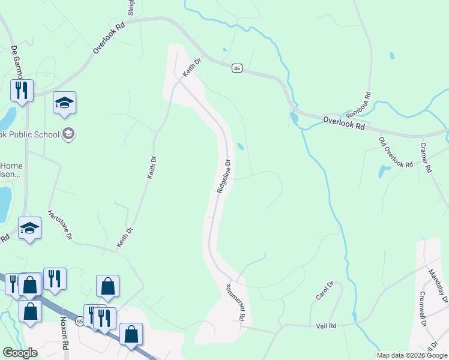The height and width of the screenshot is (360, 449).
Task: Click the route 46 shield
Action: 237,69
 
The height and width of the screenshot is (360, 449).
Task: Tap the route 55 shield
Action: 80,322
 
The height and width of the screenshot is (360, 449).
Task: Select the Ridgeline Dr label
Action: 222,176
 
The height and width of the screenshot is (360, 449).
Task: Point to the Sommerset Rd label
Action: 237,303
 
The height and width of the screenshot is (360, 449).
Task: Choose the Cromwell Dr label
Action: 423,309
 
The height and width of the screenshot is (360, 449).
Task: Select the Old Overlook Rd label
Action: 396,152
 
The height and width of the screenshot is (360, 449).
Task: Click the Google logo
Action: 20,353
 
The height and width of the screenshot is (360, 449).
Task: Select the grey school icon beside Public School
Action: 68,134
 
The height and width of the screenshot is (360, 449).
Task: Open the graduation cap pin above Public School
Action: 64,103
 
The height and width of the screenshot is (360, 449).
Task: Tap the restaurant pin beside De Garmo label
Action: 21,90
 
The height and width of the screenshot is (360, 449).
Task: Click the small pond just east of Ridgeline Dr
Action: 240,146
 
